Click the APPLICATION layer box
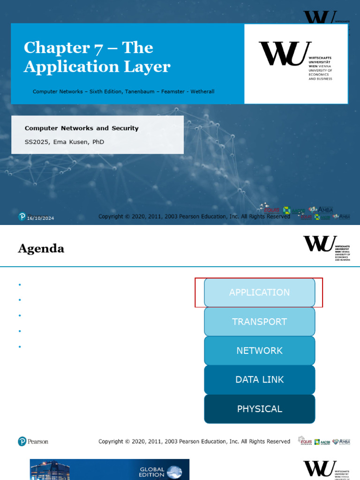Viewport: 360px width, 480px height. (x=259, y=292)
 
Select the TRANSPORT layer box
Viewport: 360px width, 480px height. (x=259, y=322)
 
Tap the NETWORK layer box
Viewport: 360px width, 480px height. (x=259, y=351)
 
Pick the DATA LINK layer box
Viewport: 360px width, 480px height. (x=259, y=380)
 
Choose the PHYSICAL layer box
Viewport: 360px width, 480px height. (x=259, y=409)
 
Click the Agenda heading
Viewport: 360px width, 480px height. (x=41, y=248)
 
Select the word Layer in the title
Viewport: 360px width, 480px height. (x=150, y=67)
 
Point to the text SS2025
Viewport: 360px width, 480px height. (x=37, y=142)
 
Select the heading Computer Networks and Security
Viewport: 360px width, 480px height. (x=82, y=128)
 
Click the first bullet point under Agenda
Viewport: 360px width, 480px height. (x=20, y=285)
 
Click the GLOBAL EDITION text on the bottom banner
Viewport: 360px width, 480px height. (x=152, y=472)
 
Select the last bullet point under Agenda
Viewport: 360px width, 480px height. (x=20, y=347)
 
